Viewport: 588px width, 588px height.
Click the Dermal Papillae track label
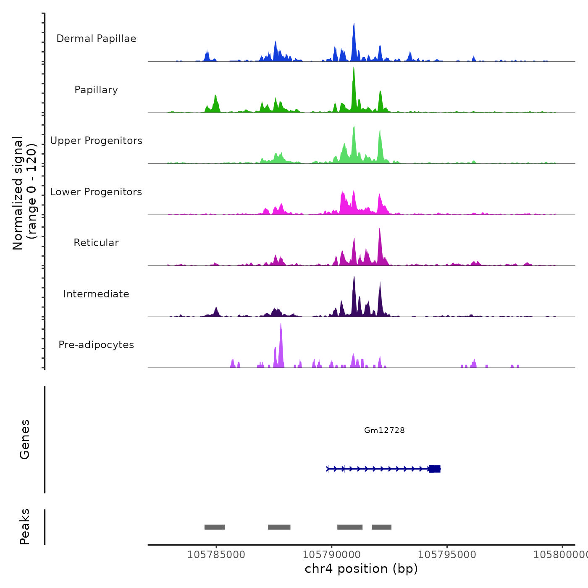(96, 39)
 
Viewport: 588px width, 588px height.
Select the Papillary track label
(96, 90)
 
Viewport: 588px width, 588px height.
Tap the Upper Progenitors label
(96, 141)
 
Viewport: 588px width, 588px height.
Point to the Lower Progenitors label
(96, 192)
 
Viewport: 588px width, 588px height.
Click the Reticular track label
(96, 243)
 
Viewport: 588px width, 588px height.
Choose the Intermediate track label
(96, 294)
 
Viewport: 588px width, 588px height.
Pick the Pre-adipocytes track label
(96, 345)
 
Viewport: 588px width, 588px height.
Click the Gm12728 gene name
(384, 430)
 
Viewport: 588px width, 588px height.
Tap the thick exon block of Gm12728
(435, 469)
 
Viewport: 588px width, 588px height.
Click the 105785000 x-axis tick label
(216, 554)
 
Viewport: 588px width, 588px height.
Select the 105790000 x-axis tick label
(331, 554)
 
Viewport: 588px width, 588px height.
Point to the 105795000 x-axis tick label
(447, 554)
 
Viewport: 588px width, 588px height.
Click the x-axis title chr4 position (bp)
(361, 569)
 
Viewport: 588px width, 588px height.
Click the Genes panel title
(24, 439)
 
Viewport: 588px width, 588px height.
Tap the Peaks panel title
(24, 527)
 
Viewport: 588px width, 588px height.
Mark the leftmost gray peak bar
(215, 527)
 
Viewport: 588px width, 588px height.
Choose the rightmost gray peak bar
(381, 527)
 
